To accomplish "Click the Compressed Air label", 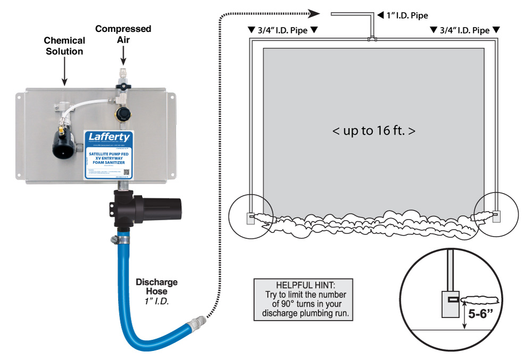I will [123, 34].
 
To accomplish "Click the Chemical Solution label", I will [64, 46].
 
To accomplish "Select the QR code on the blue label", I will [127, 172].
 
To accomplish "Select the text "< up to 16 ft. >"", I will [374, 130].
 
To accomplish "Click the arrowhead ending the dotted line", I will [314, 13].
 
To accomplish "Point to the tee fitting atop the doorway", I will [373, 39].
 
